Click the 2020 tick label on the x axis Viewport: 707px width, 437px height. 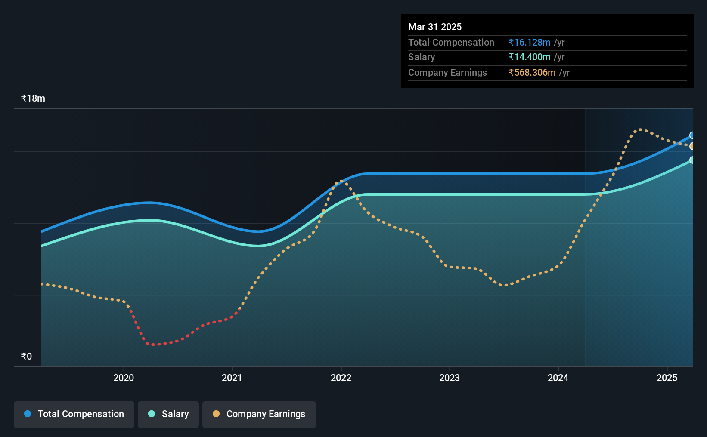point(124,378)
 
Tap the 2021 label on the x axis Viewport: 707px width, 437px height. point(232,378)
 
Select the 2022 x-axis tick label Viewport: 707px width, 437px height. point(341,378)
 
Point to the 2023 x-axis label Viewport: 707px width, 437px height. point(450,378)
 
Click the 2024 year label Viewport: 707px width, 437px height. point(558,378)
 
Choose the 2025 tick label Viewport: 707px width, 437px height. point(667,378)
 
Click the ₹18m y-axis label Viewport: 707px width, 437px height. point(33,98)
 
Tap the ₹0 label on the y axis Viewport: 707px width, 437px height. point(27,356)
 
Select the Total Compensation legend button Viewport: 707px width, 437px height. point(74,414)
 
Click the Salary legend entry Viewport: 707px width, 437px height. point(168,414)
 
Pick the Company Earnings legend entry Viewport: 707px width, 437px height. point(259,414)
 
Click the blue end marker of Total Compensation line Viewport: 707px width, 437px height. point(692,135)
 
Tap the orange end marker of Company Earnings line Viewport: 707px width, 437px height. point(692,146)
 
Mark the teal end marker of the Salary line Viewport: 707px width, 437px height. point(692,160)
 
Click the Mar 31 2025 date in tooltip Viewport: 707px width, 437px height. point(434,27)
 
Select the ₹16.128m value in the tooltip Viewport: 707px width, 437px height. point(529,42)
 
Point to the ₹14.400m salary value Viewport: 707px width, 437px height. point(529,57)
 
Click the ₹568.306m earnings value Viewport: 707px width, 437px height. point(532,73)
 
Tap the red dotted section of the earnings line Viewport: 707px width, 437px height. point(177,334)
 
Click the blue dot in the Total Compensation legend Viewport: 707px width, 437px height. point(28,414)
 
